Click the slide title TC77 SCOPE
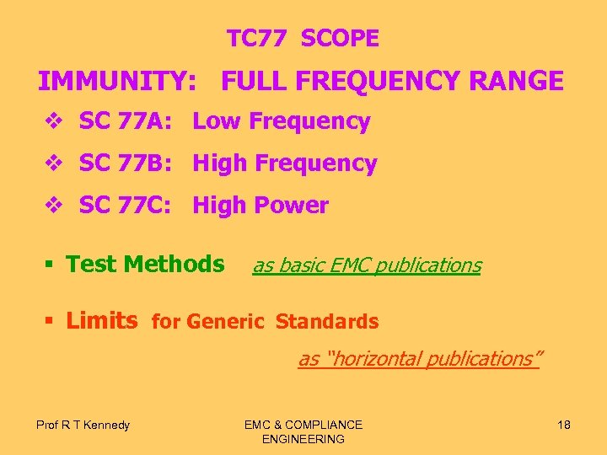(303, 38)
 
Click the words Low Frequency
(282, 121)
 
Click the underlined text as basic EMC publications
(367, 265)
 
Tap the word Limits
(101, 320)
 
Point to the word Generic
(225, 322)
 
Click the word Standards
(327, 322)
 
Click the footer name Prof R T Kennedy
(83, 425)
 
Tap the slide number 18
(564, 425)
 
